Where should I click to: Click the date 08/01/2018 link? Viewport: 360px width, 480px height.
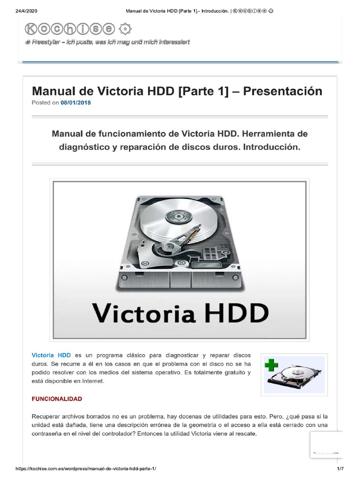(75, 103)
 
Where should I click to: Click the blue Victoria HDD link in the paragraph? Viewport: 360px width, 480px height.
(51, 355)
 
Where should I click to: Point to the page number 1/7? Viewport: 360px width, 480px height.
(340, 469)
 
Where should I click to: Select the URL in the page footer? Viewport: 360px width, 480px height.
(86, 469)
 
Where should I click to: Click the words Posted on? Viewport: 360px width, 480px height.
(45, 103)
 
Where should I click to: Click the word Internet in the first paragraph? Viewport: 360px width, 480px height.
(93, 381)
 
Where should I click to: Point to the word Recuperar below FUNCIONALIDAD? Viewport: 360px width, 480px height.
(48, 416)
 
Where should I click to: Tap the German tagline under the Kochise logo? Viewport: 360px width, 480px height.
(107, 42)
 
